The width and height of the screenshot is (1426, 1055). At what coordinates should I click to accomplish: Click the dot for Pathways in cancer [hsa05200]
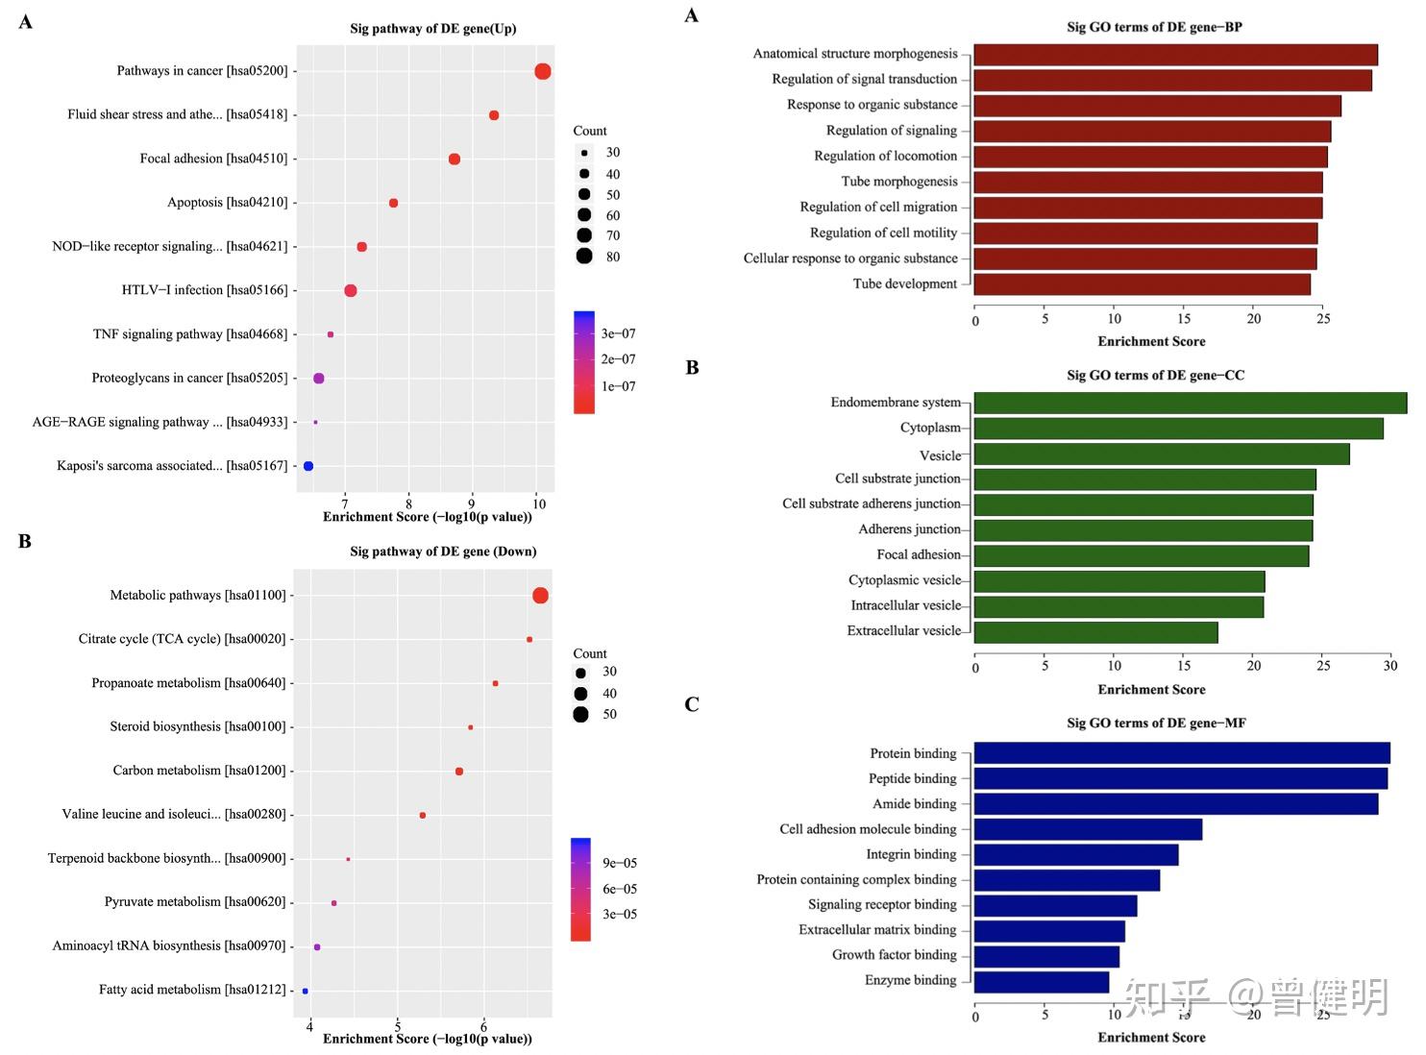tap(543, 71)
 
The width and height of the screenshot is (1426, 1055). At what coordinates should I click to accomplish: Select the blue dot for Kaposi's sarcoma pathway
tap(308, 466)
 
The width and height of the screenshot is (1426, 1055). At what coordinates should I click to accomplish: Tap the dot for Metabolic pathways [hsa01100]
tap(540, 596)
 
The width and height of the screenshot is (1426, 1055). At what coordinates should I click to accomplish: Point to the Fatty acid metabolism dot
tap(306, 991)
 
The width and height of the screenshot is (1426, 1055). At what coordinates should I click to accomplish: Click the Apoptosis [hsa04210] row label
tap(227, 203)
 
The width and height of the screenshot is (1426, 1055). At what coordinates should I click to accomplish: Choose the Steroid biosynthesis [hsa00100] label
tap(198, 726)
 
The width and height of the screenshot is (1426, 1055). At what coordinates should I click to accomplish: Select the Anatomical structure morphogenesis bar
tap(1175, 55)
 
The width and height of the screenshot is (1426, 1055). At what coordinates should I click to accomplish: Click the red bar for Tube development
tap(1142, 284)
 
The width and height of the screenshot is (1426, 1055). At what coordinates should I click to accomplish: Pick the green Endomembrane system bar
tap(1190, 403)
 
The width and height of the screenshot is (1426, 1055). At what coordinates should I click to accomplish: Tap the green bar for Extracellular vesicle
tap(1095, 632)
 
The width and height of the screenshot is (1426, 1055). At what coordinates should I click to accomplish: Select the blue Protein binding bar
tap(1182, 753)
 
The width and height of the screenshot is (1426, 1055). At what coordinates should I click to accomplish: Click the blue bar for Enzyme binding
tap(1042, 982)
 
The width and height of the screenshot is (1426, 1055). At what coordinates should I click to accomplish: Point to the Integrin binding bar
tap(1076, 855)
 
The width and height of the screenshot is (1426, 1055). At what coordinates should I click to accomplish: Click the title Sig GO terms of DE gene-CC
tap(1155, 376)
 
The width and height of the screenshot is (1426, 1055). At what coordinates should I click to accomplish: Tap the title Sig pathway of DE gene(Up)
tap(432, 29)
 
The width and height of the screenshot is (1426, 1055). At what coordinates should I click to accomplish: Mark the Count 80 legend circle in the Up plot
tap(584, 256)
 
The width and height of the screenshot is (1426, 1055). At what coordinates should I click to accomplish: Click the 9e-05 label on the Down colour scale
tap(620, 863)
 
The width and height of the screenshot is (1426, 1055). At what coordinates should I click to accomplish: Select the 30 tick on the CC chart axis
tap(1389, 666)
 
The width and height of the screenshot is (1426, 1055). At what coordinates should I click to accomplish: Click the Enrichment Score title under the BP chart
tap(1151, 341)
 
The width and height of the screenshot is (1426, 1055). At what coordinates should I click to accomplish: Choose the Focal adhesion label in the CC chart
tap(918, 554)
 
